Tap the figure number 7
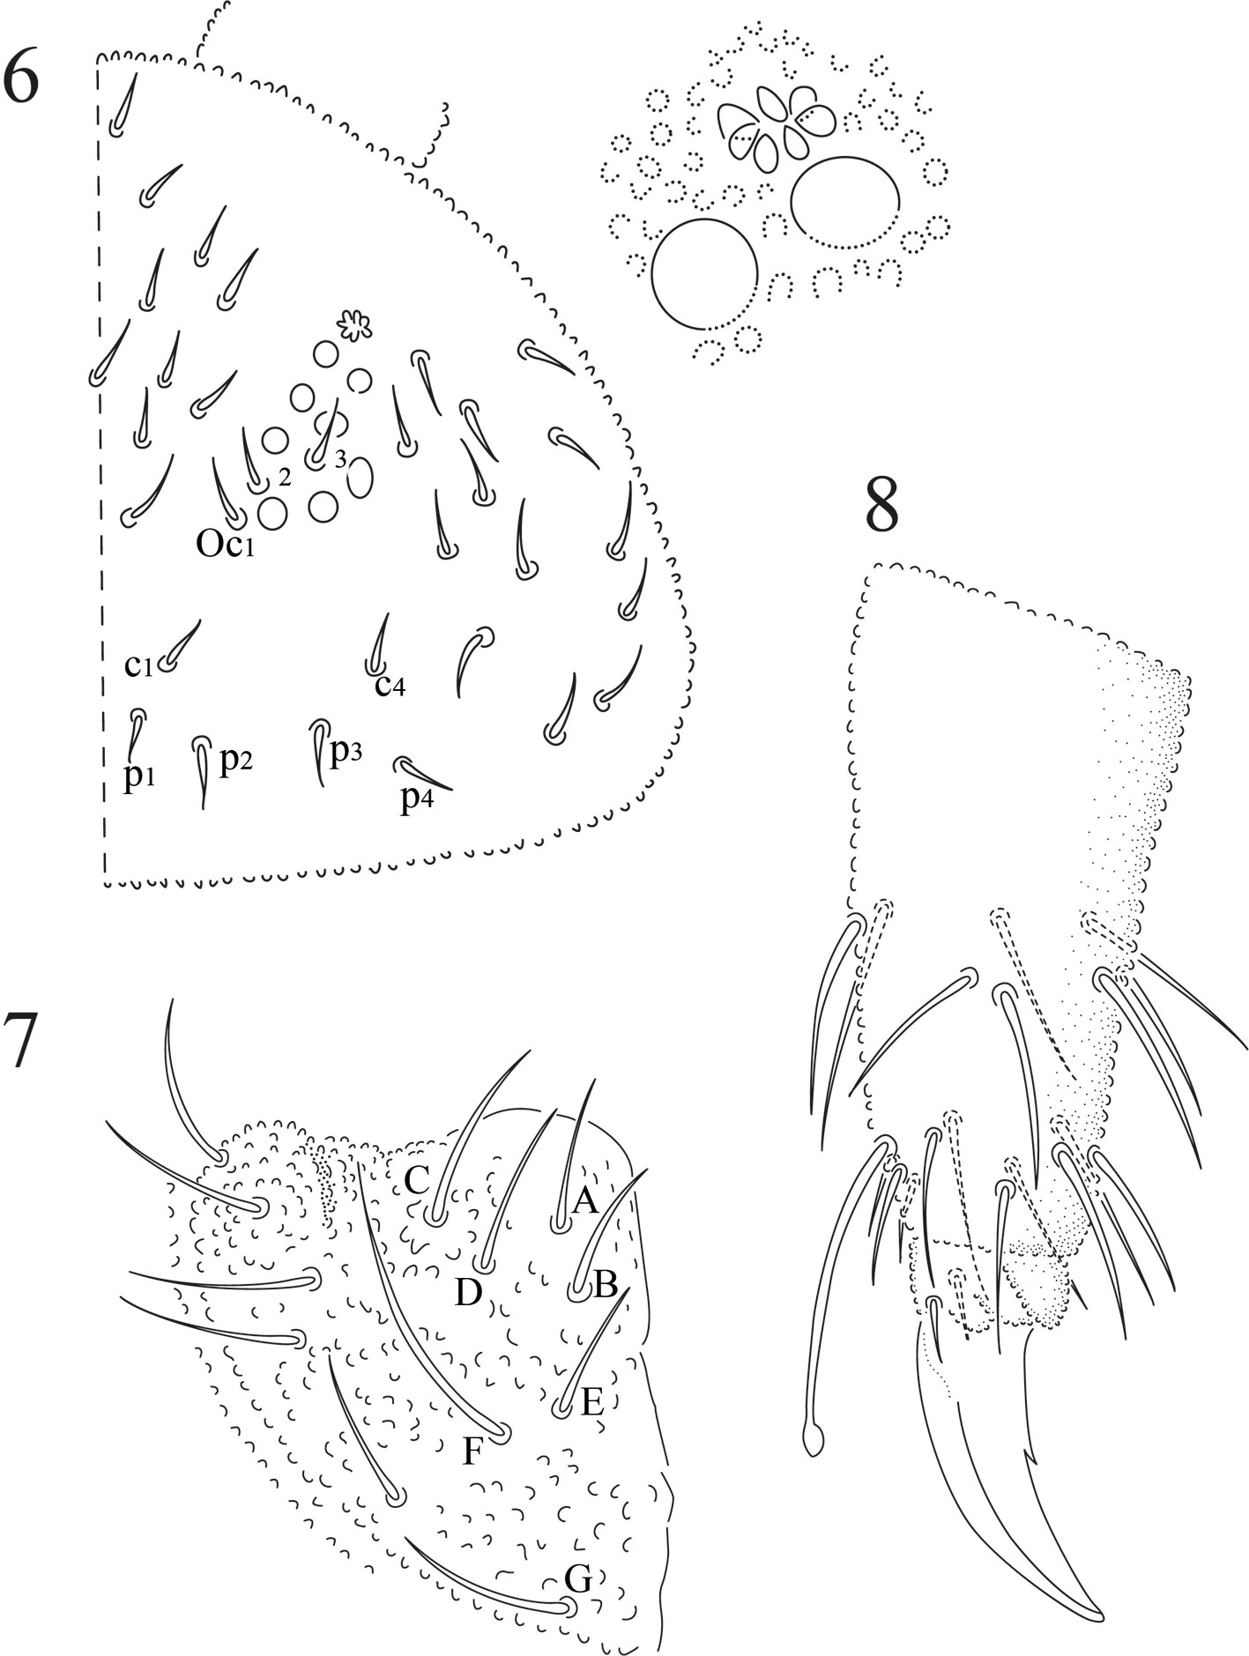click(19, 1042)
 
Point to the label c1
click(138, 666)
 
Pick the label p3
click(346, 754)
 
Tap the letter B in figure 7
click(606, 1286)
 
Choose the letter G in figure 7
click(577, 1579)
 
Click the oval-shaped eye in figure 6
click(360, 478)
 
